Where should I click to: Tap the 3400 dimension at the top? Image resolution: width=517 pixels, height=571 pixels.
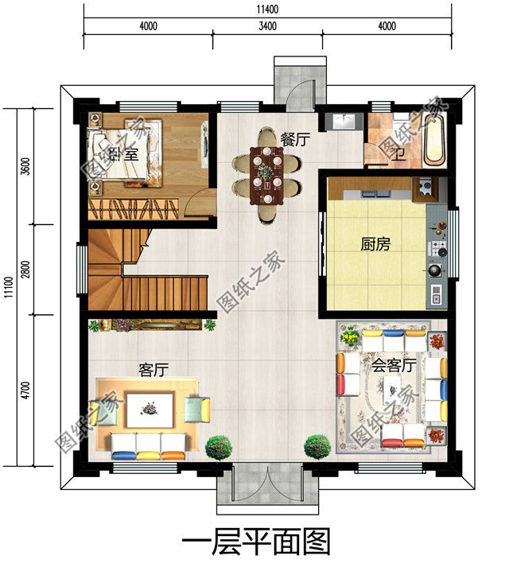267,25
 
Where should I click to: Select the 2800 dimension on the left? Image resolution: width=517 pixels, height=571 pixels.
25,270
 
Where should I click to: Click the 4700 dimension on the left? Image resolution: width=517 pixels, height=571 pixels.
25,390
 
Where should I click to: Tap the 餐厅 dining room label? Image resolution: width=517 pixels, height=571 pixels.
294,138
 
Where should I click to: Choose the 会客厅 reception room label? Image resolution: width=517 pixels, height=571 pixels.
394,366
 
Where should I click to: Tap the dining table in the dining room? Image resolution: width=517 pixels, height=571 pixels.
266,176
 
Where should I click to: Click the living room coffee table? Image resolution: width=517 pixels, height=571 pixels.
149,408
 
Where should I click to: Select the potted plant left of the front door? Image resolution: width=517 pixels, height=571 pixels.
219,448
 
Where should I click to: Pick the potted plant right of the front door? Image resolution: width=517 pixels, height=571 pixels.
317,446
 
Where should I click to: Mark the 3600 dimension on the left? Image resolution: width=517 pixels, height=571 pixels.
25,168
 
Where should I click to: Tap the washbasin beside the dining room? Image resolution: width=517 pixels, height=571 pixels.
344,122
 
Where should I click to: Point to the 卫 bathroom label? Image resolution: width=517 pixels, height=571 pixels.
395,154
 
